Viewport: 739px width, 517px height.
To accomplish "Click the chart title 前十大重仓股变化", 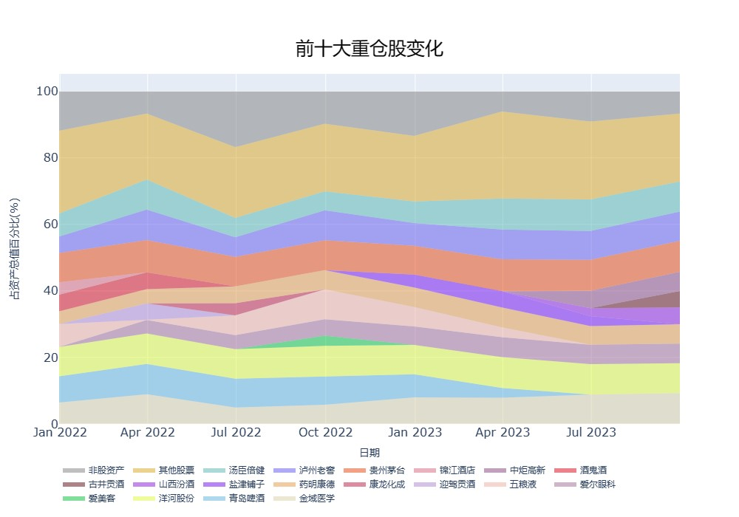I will [x=369, y=49].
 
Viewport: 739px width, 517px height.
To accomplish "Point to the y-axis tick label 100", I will [x=47, y=92].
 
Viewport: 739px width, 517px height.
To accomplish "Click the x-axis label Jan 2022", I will [x=60, y=432].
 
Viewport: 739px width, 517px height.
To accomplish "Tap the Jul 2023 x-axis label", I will [x=591, y=432].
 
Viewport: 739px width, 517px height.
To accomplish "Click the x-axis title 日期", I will [x=369, y=453].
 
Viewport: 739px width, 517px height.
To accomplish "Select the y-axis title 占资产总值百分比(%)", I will [x=14, y=249].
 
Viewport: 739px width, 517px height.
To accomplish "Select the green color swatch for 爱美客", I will [x=74, y=499].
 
